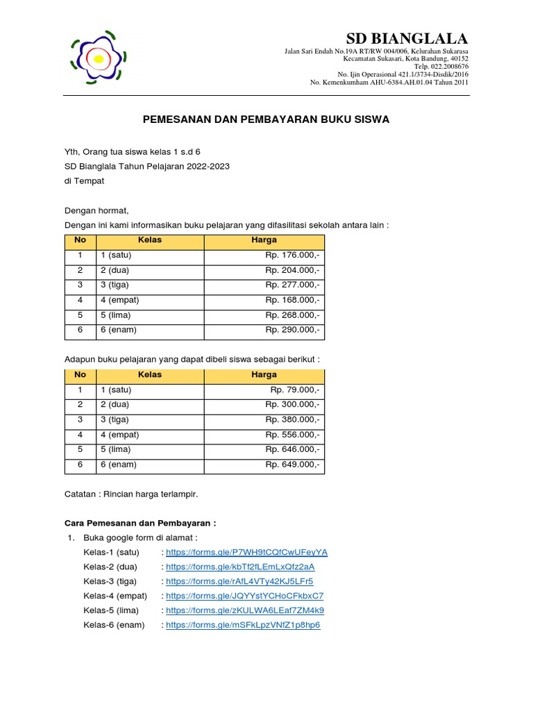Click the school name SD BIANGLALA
(x=407, y=37)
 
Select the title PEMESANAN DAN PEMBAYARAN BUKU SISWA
(x=266, y=119)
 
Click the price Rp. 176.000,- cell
(x=292, y=255)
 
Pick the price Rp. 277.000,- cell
(x=292, y=285)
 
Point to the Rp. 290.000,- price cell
(x=292, y=330)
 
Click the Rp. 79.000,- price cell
(x=295, y=390)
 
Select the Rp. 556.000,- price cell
(x=292, y=435)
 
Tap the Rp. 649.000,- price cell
(x=292, y=465)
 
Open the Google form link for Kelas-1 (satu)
(x=246, y=553)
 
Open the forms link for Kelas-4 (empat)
(x=244, y=596)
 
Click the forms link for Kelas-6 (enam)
(x=243, y=625)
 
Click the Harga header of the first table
(x=264, y=240)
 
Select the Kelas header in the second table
(x=150, y=375)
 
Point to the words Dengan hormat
(x=96, y=211)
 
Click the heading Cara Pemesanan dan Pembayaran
(x=140, y=524)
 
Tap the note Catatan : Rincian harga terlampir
(x=131, y=494)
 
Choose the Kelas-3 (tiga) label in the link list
(x=110, y=581)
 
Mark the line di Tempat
(x=84, y=181)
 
